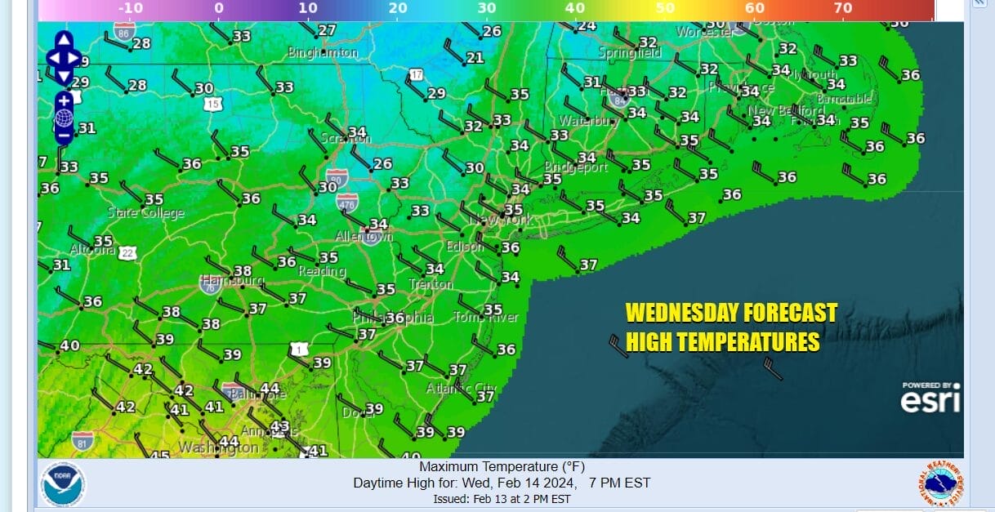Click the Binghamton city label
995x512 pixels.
click(323, 53)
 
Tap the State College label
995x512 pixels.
click(146, 213)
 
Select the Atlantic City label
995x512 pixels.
click(462, 389)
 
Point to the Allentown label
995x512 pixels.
click(364, 237)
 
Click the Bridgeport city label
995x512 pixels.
click(576, 167)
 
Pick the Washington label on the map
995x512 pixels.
click(218, 447)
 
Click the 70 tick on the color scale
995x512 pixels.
click(843, 8)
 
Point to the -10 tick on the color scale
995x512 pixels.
click(131, 8)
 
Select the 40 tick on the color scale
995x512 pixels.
click(575, 8)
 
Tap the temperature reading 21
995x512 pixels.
click(475, 58)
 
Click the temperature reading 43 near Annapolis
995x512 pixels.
click(280, 425)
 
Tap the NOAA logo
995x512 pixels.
click(63, 482)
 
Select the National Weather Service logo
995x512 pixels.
click(939, 483)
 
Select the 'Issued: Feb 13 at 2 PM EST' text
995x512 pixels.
click(502, 499)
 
